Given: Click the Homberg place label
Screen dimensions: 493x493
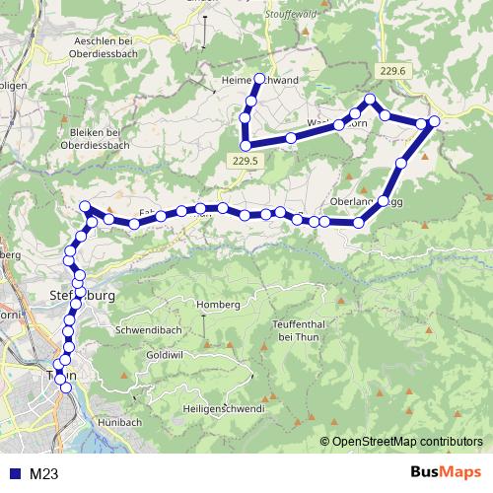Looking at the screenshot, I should click(x=219, y=305).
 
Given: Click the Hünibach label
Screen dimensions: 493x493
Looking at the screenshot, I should click(x=120, y=422).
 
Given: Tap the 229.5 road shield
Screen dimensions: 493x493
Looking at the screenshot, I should click(x=247, y=161).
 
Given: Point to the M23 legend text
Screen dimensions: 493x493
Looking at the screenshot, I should click(x=43, y=474).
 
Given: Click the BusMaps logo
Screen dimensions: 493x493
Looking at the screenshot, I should click(x=445, y=473).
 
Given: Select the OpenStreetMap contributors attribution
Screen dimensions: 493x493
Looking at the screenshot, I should click(x=407, y=442).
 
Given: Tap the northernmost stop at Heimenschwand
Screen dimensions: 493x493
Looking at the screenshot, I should click(x=260, y=78).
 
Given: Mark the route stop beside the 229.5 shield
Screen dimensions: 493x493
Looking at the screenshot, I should click(x=246, y=146).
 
